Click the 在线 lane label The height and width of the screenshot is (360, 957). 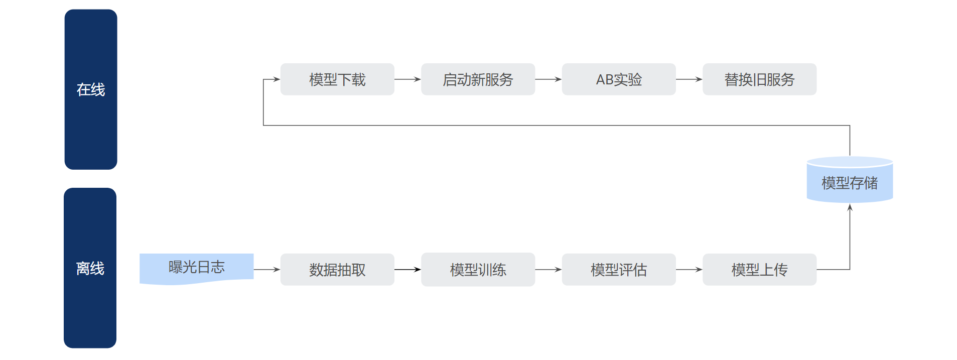click(x=91, y=89)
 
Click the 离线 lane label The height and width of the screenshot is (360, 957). click(x=90, y=268)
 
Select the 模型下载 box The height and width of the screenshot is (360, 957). click(x=337, y=79)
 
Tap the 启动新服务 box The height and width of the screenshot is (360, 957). click(x=478, y=79)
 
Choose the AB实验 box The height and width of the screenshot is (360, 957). click(x=619, y=79)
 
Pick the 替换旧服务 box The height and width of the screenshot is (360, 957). click(x=759, y=79)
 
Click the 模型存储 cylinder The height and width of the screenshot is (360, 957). click(x=850, y=180)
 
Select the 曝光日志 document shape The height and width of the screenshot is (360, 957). click(x=197, y=269)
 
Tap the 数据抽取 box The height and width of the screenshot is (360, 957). click(x=337, y=270)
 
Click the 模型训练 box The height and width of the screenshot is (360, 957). click(x=478, y=270)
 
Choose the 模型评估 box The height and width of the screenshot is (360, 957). click(x=619, y=270)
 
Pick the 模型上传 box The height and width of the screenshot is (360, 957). click(x=759, y=270)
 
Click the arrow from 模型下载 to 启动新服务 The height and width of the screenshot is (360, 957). click(x=407, y=79)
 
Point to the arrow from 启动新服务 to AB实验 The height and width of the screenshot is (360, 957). click(x=549, y=79)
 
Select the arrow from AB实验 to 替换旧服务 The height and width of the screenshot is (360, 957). click(x=689, y=79)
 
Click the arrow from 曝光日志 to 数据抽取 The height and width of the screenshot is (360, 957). click(x=267, y=270)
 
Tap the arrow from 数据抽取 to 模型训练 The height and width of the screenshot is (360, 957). click(x=407, y=270)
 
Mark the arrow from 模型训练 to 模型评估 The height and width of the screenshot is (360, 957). click(x=549, y=270)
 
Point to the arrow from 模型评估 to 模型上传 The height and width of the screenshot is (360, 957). click(x=689, y=270)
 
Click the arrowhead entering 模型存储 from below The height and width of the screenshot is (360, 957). click(x=850, y=207)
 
